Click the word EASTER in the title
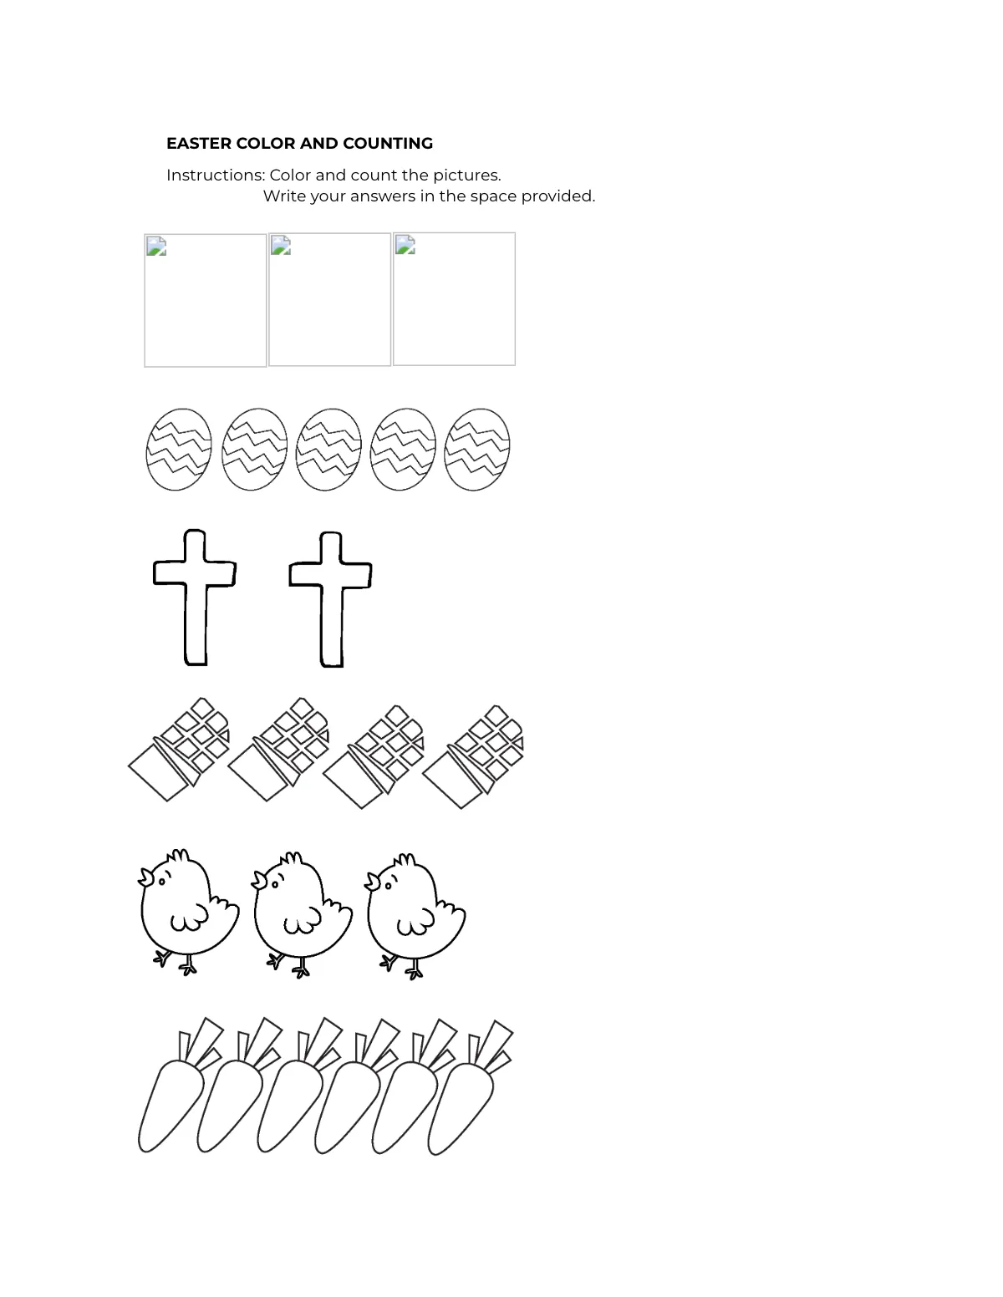(x=198, y=143)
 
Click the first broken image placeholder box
(x=206, y=300)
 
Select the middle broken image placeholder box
(x=329, y=299)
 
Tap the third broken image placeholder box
(x=454, y=298)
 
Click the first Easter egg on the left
(x=179, y=449)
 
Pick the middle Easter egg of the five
(x=328, y=449)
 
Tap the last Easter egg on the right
(x=476, y=449)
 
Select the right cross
(x=331, y=597)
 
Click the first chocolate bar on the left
(x=179, y=750)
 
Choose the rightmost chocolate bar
(x=474, y=756)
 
